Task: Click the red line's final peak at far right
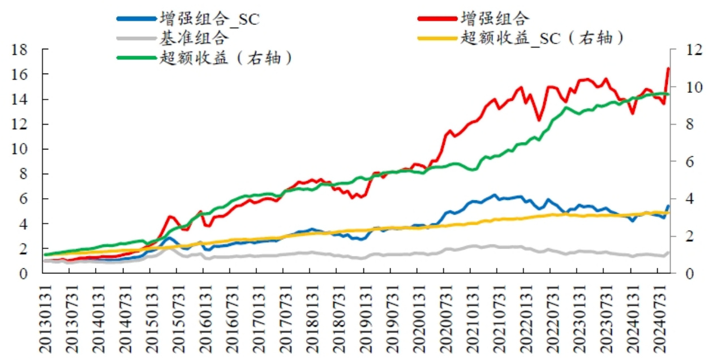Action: tap(668, 69)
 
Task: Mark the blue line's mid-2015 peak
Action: tap(168, 238)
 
